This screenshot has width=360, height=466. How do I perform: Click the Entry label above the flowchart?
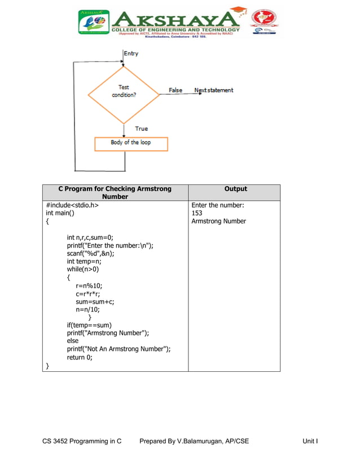pyautogui.click(x=131, y=54)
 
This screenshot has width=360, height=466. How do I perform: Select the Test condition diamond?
pyautogui.click(x=124, y=91)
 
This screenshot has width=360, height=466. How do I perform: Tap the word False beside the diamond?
pyautogui.click(x=175, y=90)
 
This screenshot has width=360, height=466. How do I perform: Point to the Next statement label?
pyautogui.click(x=213, y=90)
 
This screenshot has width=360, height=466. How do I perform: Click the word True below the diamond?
pyautogui.click(x=141, y=129)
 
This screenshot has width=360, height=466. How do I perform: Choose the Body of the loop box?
pyautogui.click(x=130, y=143)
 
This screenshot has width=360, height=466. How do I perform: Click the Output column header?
pyautogui.click(x=235, y=189)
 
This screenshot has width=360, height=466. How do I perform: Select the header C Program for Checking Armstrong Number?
pyautogui.click(x=115, y=192)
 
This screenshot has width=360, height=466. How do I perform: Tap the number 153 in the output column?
pyautogui.click(x=197, y=213)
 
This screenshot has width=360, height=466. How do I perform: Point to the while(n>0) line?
pyautogui.click(x=82, y=269)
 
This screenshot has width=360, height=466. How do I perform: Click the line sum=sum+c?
pyautogui.click(x=95, y=301)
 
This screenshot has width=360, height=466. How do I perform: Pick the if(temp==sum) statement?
pyautogui.click(x=89, y=325)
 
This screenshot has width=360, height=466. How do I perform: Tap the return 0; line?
pyautogui.click(x=80, y=357)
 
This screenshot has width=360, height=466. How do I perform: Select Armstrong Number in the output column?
pyautogui.click(x=218, y=221)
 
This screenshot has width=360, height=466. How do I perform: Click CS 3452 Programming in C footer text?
pyautogui.click(x=82, y=441)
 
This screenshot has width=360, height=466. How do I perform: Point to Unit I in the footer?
pyautogui.click(x=310, y=441)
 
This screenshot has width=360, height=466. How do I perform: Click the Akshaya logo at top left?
pyautogui.click(x=93, y=23)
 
